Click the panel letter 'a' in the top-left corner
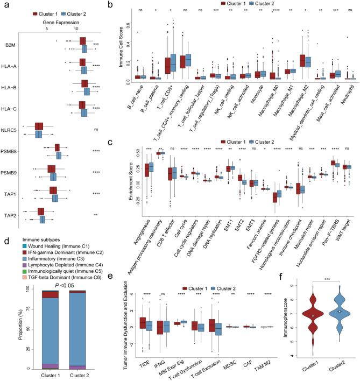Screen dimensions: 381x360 5,5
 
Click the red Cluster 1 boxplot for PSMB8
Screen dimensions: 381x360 57,148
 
